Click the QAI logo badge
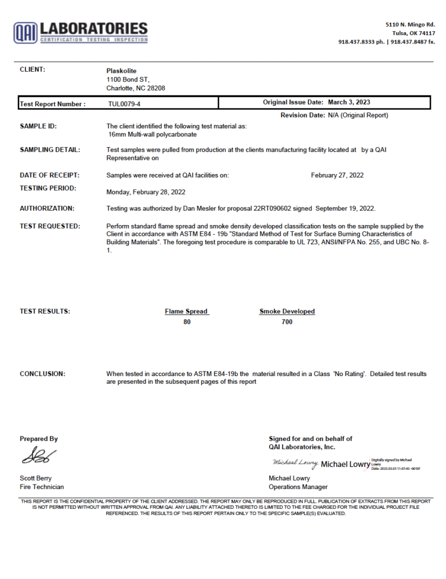pyautogui.click(x=25, y=32)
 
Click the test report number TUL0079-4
pyautogui.click(x=124, y=104)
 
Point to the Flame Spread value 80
pyautogui.click(x=187, y=322)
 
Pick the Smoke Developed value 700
pyautogui.click(x=287, y=322)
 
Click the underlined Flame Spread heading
pyautogui.click(x=187, y=312)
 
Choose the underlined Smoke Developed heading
pyautogui.click(x=287, y=312)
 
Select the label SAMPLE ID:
pyautogui.click(x=38, y=126)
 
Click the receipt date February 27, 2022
pyautogui.click(x=337, y=175)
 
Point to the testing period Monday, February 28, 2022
pyautogui.click(x=146, y=192)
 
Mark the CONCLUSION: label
pyautogui.click(x=42, y=374)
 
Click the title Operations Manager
pyautogui.click(x=298, y=487)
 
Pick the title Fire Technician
pyautogui.click(x=42, y=487)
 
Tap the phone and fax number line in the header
pyautogui.click(x=387, y=42)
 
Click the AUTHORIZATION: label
pyautogui.click(x=47, y=208)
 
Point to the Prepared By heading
pyautogui.click(x=38, y=439)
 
